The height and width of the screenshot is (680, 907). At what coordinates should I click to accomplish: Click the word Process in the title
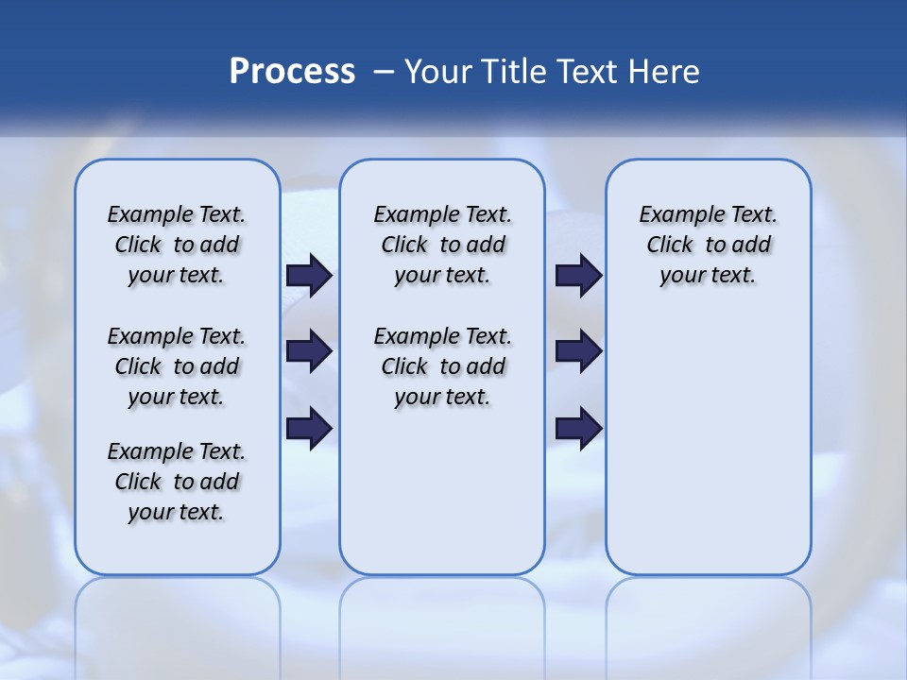tap(292, 71)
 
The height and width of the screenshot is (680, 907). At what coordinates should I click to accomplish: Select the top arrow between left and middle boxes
tap(309, 276)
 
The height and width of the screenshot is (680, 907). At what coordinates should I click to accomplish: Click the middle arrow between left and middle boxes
tap(309, 351)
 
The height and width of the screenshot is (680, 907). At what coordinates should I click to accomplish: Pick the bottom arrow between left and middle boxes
tap(309, 428)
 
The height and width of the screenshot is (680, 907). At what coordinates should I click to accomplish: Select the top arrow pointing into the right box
tap(578, 276)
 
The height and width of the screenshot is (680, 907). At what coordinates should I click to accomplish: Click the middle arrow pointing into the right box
tap(578, 351)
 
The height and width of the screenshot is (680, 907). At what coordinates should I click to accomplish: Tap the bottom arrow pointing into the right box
tap(578, 428)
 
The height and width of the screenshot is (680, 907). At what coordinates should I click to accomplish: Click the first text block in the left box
tap(177, 245)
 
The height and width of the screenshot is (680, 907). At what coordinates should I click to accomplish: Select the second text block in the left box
tap(177, 366)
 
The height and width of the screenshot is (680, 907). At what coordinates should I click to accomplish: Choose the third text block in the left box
tap(177, 482)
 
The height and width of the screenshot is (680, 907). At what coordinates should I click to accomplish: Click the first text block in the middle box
tap(442, 245)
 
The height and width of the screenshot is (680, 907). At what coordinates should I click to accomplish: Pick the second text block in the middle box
tap(442, 366)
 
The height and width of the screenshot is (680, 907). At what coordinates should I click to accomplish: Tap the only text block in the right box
tap(709, 245)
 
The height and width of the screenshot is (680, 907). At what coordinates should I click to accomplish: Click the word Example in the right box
tap(675, 215)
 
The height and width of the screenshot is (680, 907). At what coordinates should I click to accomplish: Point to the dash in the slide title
tap(384, 72)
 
